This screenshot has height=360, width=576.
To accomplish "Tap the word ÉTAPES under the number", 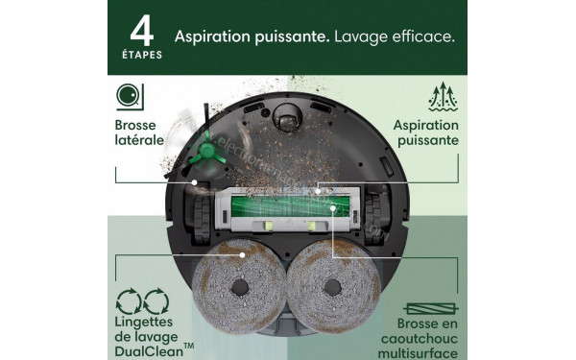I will pyautogui.click(x=142, y=54).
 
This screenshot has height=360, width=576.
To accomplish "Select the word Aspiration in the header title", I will pyautogui.click(x=211, y=36).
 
